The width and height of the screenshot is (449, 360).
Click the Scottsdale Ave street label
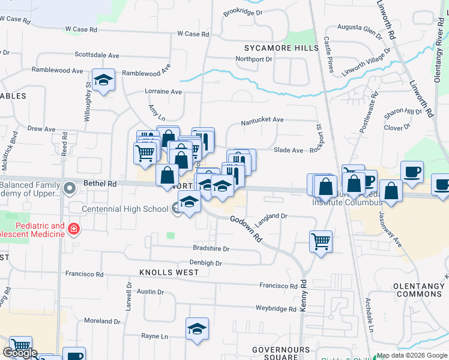[x=97, y=55]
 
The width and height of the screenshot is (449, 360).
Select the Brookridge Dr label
[x=243, y=12]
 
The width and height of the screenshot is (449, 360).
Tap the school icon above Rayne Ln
[x=197, y=329]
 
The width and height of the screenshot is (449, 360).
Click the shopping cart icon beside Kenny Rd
[x=321, y=241]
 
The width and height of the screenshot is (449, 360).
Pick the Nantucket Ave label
[x=262, y=120]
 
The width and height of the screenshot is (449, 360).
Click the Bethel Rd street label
[x=99, y=184]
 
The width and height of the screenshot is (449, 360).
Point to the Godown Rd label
[x=246, y=229]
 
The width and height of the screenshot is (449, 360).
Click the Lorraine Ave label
[x=163, y=92]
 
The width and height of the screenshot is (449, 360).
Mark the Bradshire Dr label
[x=211, y=248]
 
